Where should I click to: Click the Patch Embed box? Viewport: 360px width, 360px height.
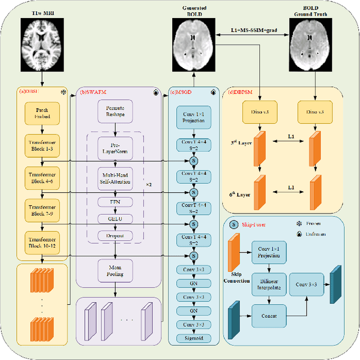[42, 113]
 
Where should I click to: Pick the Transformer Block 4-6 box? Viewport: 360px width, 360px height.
[42, 177]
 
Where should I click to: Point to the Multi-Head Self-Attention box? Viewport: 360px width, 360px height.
[115, 176]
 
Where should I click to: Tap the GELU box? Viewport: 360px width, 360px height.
[115, 218]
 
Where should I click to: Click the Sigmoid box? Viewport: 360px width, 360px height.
[193, 339]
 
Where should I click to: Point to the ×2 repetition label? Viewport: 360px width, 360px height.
[150, 184]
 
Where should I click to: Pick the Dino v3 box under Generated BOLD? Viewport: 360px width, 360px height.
[260, 114]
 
